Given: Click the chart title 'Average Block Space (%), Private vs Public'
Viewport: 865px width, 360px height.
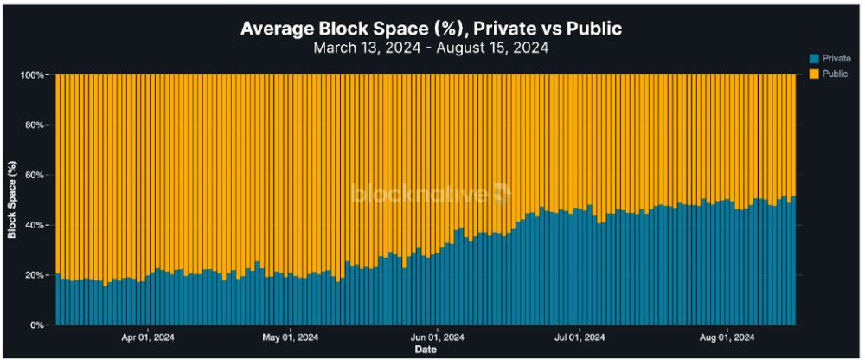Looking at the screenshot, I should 431,29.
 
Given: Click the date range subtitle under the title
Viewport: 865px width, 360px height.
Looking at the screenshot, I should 431,48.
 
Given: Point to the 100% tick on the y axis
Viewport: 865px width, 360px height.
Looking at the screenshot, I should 32,75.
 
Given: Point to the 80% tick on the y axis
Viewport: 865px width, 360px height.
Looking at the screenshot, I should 35,125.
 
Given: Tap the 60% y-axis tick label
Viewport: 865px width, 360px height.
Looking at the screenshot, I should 35,176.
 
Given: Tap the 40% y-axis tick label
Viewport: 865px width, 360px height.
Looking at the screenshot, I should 35,225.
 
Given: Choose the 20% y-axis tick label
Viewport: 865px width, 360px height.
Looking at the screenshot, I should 35,275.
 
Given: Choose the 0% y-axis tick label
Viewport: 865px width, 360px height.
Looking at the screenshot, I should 37,325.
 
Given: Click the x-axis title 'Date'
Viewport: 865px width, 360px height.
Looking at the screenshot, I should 425,350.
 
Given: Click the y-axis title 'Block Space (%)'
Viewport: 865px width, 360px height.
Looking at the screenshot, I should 12,200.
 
